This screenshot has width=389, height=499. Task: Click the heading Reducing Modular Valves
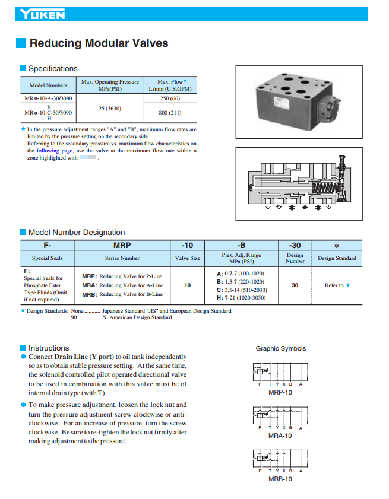pos(99,43)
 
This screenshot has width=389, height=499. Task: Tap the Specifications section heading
pos(53,69)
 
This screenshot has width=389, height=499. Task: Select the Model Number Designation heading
pos(77,233)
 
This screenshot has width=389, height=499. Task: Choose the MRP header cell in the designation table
pos(122,245)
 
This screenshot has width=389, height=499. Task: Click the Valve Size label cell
pos(187,258)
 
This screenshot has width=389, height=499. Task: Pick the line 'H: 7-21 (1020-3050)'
pos(242,298)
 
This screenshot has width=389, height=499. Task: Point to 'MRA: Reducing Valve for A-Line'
pos(122,285)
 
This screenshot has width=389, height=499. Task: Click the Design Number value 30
pos(295,285)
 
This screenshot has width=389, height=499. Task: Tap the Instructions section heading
pos(49,348)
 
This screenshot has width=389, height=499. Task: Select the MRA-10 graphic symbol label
pos(280,436)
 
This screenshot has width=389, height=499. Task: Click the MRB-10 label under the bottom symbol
pos(280,479)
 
